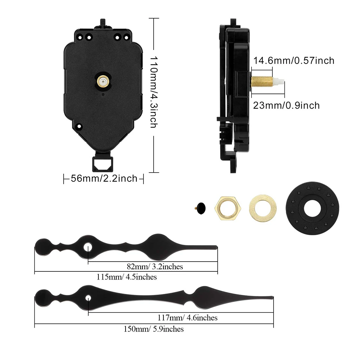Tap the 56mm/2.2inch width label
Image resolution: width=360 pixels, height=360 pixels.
coord(104,179)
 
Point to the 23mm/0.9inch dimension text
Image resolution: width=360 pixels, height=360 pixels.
coord(287,105)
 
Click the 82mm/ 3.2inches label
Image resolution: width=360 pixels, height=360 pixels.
coord(155,266)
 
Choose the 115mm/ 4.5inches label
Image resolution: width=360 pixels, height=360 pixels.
coord(127,277)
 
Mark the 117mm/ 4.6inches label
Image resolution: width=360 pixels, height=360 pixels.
coord(187,318)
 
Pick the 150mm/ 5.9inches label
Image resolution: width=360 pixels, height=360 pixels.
coord(153,329)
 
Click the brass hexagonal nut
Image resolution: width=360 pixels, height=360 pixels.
coord(227,208)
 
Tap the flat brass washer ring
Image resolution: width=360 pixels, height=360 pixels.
coord(263,208)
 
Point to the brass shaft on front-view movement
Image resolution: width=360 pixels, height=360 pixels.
coord(103,81)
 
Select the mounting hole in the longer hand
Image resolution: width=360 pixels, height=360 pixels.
coord(88,298)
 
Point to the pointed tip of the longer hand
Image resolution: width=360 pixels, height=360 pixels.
coord(271,298)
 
